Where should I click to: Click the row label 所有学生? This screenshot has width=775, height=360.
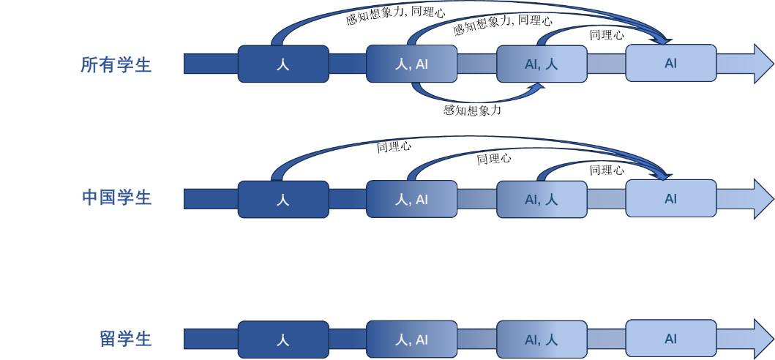pos(116,64)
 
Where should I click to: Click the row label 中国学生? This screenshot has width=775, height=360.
pos(116,198)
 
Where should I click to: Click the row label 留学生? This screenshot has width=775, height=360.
pos(125,339)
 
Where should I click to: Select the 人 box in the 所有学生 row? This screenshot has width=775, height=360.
pos(283,64)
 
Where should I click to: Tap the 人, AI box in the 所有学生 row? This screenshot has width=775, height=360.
pos(411,64)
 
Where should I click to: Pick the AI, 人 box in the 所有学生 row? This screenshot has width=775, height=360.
pos(542,64)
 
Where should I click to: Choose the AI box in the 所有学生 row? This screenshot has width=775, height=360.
pos(670,63)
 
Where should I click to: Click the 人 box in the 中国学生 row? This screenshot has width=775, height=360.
pos(283,199)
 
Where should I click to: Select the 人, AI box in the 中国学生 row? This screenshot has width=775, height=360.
pos(411,199)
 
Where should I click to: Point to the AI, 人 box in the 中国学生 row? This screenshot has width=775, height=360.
pos(542,199)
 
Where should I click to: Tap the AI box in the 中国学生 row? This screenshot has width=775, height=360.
pos(670,198)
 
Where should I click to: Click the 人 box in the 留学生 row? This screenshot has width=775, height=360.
pos(283,340)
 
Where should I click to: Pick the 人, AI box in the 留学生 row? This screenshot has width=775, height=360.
pos(411,340)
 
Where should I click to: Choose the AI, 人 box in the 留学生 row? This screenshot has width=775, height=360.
pos(542,340)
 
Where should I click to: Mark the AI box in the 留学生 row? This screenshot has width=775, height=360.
pos(670,339)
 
